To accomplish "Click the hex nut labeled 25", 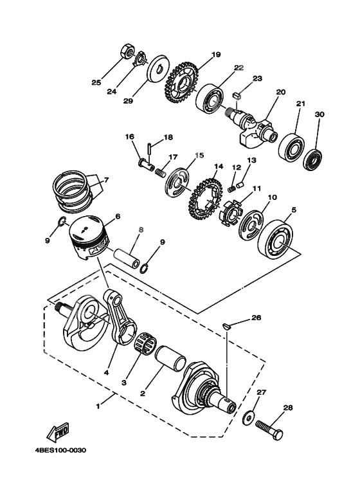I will coord(127,51).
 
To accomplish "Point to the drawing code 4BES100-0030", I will coord(60,450).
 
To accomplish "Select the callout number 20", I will coord(280,92).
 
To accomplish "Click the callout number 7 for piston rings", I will coord(105,179).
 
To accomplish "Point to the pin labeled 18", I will coord(148,150).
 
